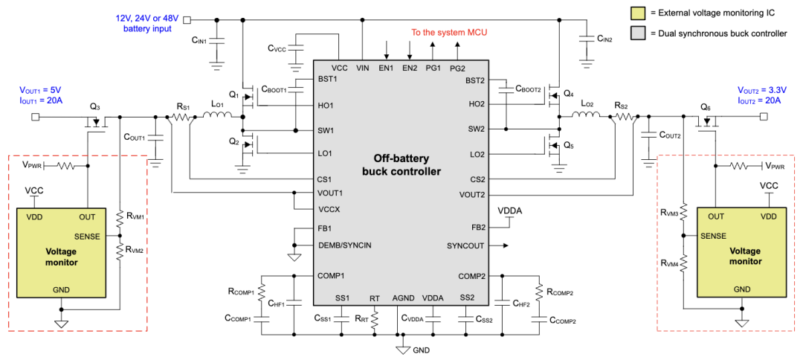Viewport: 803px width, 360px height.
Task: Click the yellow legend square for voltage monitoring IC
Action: pyautogui.click(x=637, y=13)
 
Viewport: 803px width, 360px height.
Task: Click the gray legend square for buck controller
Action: pyautogui.click(x=637, y=33)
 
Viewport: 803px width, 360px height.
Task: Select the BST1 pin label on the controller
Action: pyautogui.click(x=328, y=79)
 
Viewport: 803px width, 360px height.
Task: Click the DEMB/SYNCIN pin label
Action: pyautogui.click(x=344, y=245)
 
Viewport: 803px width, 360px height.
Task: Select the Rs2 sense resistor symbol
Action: pyautogui.click(x=626, y=117)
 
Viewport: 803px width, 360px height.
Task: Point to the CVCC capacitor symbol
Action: pyautogui.click(x=296, y=48)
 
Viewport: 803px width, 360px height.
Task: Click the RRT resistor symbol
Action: pyautogui.click(x=375, y=318)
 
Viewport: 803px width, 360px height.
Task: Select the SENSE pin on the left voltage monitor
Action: pyautogui.click(x=87, y=236)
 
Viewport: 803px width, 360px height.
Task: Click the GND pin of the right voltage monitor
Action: pyautogui.click(x=741, y=289)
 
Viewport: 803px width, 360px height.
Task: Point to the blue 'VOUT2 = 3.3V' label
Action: pyautogui.click(x=759, y=89)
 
